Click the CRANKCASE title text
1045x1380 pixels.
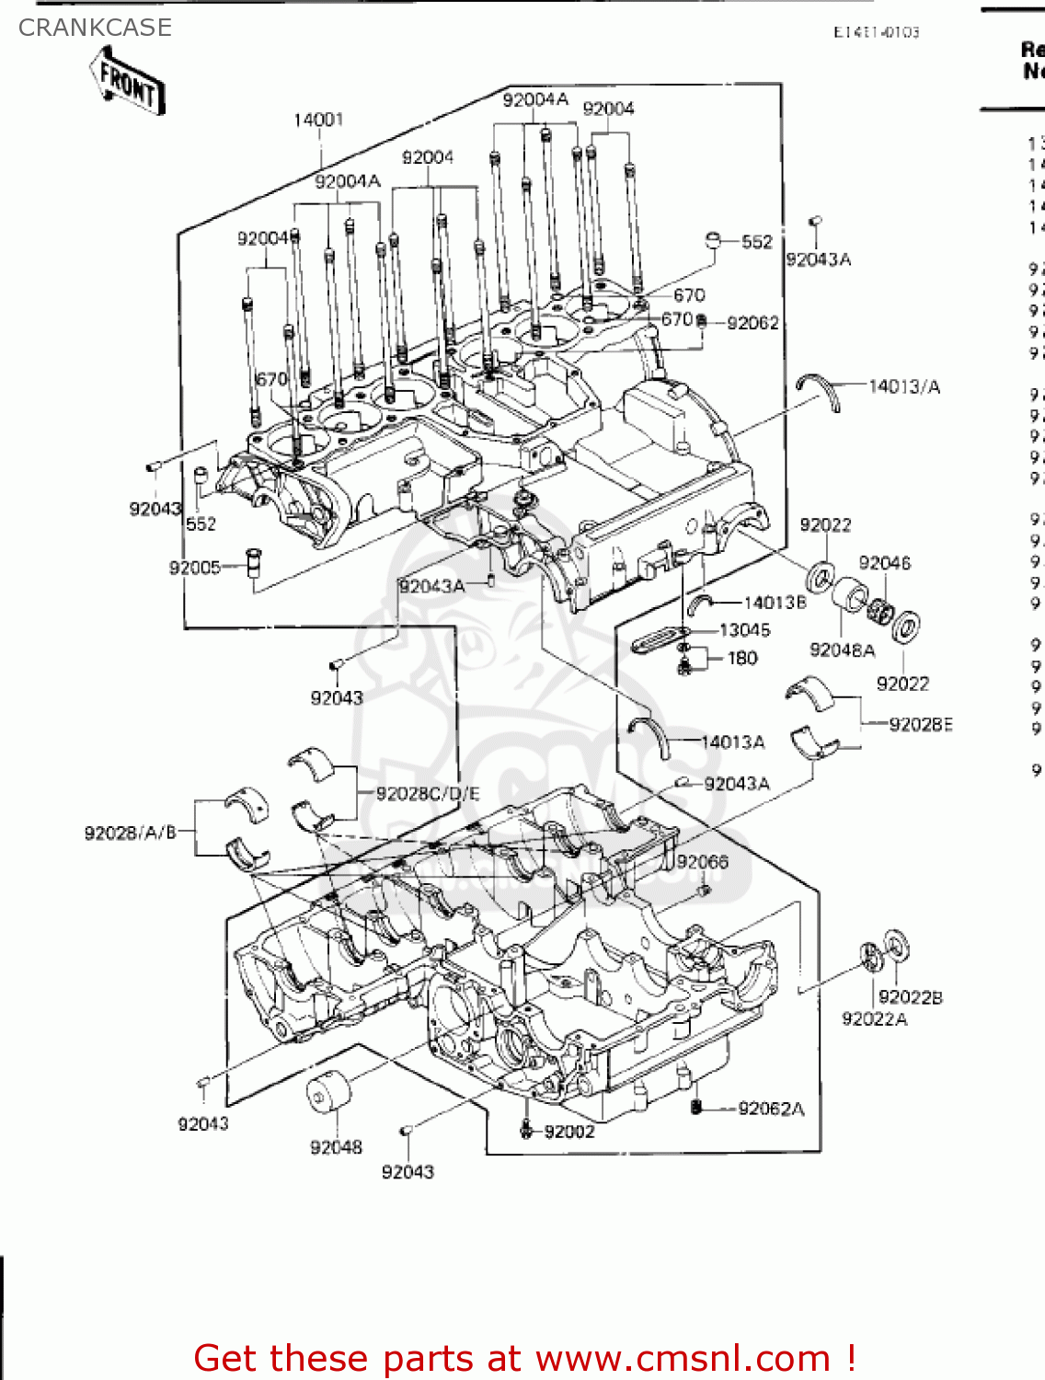point(95,28)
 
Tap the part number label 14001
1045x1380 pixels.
point(318,120)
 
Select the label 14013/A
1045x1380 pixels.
point(904,386)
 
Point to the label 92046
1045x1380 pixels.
point(884,563)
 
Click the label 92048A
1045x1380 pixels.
point(842,650)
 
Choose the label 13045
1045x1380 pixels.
point(744,630)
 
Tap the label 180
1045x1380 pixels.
point(742,658)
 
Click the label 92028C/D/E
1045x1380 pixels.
point(428,794)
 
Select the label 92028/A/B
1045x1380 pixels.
point(130,833)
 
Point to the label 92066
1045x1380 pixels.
point(702,862)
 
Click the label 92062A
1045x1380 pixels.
point(771,1109)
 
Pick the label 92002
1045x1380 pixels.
point(569,1132)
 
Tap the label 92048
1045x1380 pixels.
point(336,1147)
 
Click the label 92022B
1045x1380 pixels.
point(911,997)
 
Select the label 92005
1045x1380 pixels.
point(194,568)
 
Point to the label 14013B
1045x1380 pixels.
point(775,603)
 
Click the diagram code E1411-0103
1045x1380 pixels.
point(876,32)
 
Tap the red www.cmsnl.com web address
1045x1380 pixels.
point(683,1359)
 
